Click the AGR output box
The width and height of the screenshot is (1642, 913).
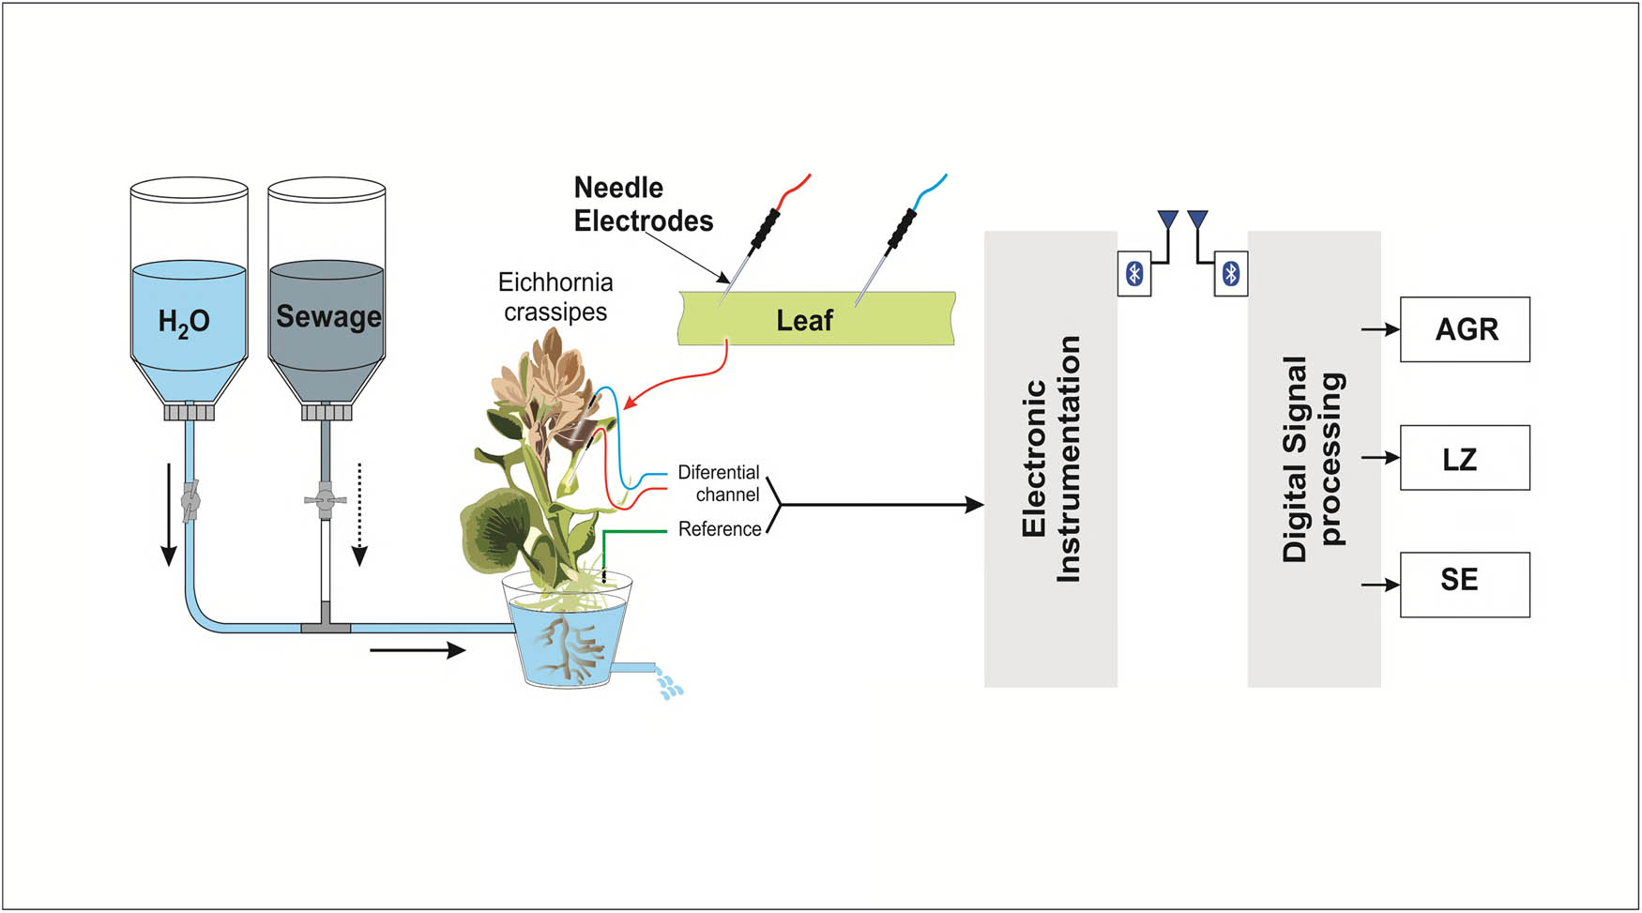(x=1465, y=329)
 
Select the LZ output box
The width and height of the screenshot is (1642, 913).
(x=1465, y=458)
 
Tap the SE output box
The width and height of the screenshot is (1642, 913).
(x=1465, y=585)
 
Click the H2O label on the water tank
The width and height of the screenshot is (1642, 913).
(x=184, y=322)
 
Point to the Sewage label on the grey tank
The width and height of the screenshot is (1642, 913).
(x=328, y=317)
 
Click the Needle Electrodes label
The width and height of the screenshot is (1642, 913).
(x=643, y=205)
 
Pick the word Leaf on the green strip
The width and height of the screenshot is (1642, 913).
(x=804, y=321)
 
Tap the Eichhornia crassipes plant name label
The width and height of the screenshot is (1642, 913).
(x=555, y=297)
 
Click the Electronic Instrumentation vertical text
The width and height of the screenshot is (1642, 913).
(x=1051, y=459)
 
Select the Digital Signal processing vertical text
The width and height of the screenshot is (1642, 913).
(x=1314, y=459)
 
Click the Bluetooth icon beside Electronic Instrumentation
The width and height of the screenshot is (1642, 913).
(x=1134, y=274)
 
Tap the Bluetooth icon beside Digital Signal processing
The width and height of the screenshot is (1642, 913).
(x=1231, y=274)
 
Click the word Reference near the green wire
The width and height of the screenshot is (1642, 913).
(x=720, y=529)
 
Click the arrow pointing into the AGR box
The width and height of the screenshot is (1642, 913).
(x=1379, y=329)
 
